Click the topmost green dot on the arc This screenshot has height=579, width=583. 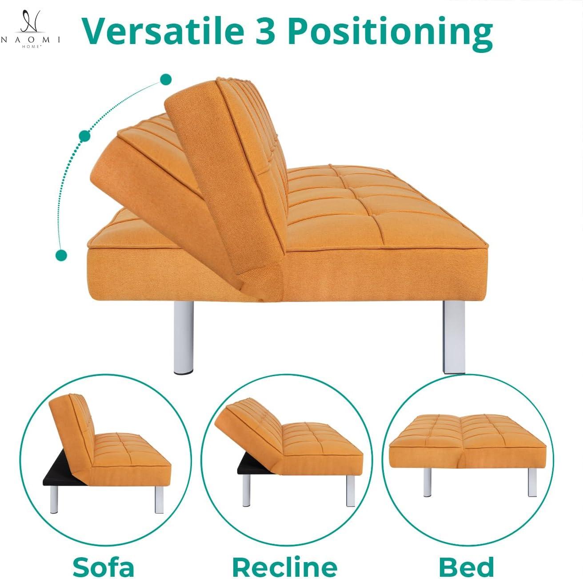tap(166, 80)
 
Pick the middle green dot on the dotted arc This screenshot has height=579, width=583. tap(84, 136)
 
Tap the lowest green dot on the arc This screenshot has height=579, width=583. tap(61, 255)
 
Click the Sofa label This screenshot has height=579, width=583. tap(103, 567)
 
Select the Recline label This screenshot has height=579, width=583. tap(284, 567)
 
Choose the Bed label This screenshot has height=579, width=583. tap(466, 567)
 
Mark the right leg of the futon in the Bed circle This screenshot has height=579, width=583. tap(532, 482)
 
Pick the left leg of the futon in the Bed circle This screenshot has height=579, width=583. tap(427, 482)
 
